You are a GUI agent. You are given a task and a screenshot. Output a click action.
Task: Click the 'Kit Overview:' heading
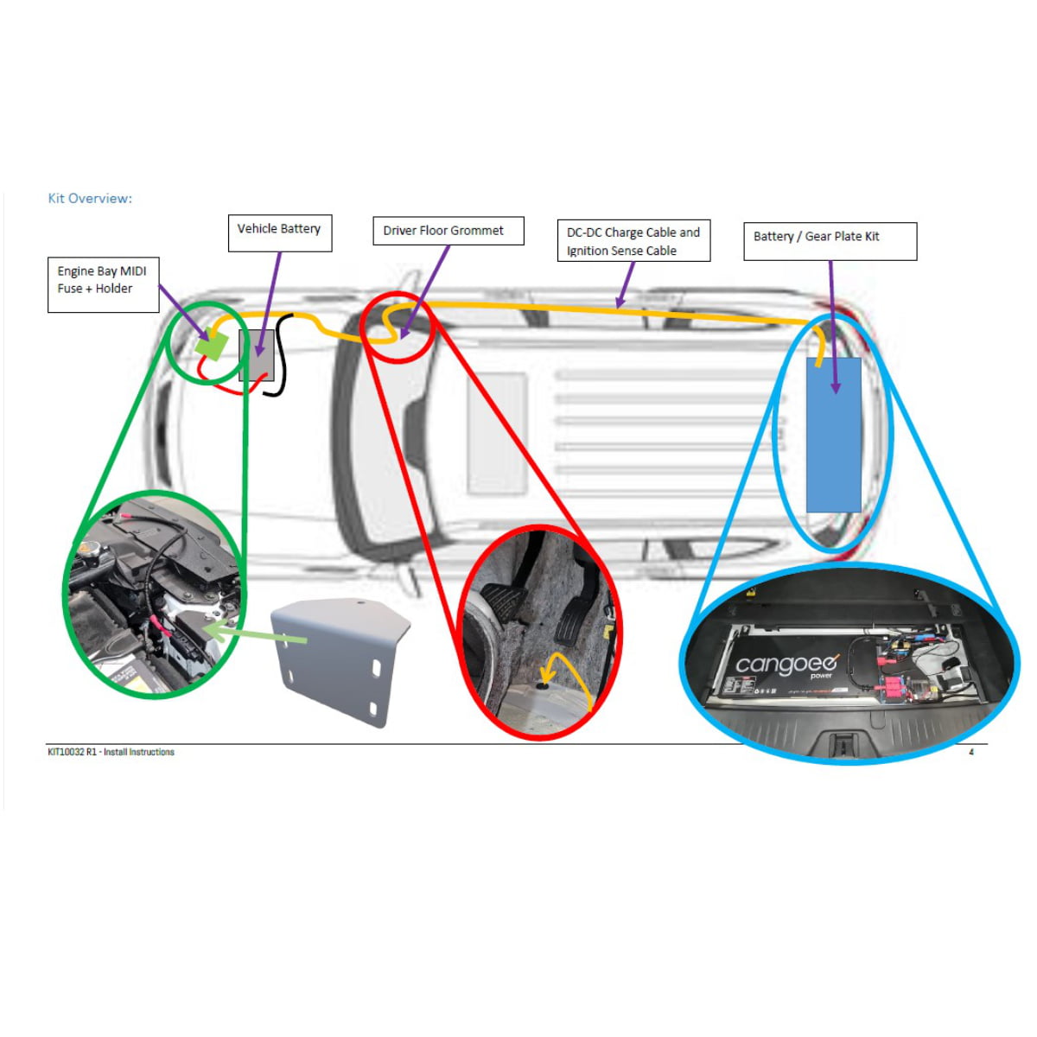point(90,199)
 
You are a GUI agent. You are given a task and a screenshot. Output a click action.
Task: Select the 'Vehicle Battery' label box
point(279,233)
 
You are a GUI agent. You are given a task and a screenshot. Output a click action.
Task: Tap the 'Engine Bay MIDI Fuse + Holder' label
point(103,284)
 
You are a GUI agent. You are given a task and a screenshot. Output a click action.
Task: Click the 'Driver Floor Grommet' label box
point(448,231)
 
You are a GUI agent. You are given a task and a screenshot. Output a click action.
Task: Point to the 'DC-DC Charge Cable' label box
point(633,241)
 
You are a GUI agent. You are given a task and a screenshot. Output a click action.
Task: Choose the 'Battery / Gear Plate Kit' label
point(829,241)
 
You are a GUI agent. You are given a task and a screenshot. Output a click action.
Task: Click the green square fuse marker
point(211,347)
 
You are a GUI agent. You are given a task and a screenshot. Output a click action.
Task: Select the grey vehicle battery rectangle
point(257,355)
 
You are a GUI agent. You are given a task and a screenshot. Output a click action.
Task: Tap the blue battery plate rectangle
point(833,435)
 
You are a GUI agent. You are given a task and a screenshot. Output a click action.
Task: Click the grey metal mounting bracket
point(340,658)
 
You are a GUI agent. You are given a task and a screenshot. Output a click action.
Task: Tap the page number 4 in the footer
point(971,753)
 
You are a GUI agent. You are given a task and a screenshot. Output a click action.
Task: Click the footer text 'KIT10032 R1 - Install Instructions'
point(111,753)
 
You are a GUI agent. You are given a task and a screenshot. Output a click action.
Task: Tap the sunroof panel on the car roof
point(497,432)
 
